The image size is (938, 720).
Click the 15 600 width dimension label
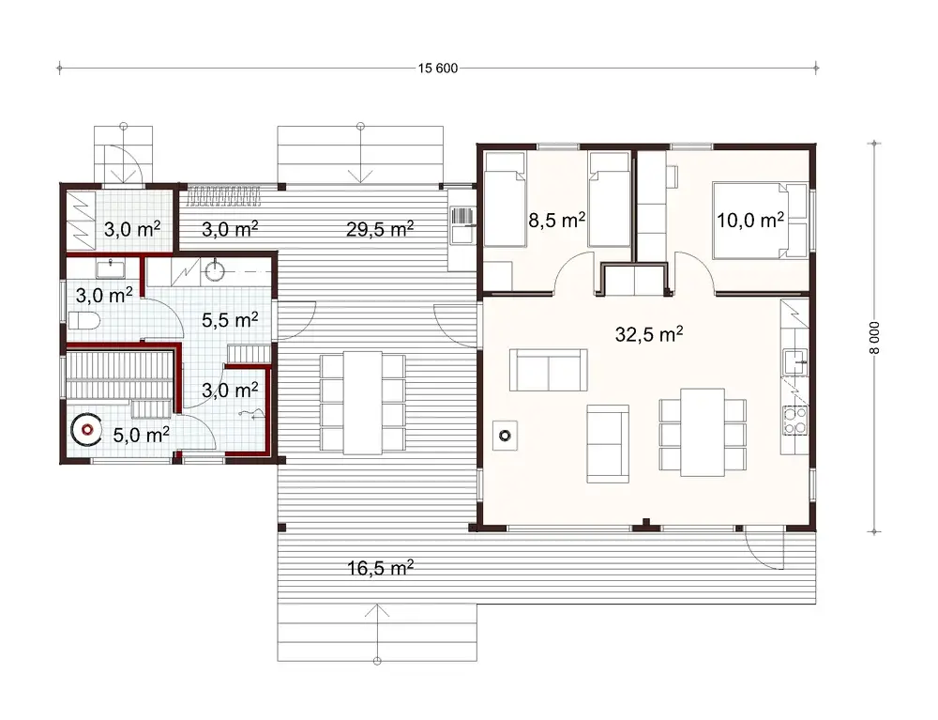438,69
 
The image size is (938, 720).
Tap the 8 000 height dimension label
874,335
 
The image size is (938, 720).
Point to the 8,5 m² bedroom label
558,222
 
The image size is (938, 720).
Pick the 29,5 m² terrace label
380,228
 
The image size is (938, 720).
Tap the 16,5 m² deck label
380,568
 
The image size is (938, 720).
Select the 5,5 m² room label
230,320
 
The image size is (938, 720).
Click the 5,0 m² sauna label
141,434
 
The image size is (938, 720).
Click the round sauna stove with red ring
86,430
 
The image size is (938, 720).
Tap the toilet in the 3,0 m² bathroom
83,321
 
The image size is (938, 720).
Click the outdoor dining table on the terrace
362,402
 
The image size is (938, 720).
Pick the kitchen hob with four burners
794,420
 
